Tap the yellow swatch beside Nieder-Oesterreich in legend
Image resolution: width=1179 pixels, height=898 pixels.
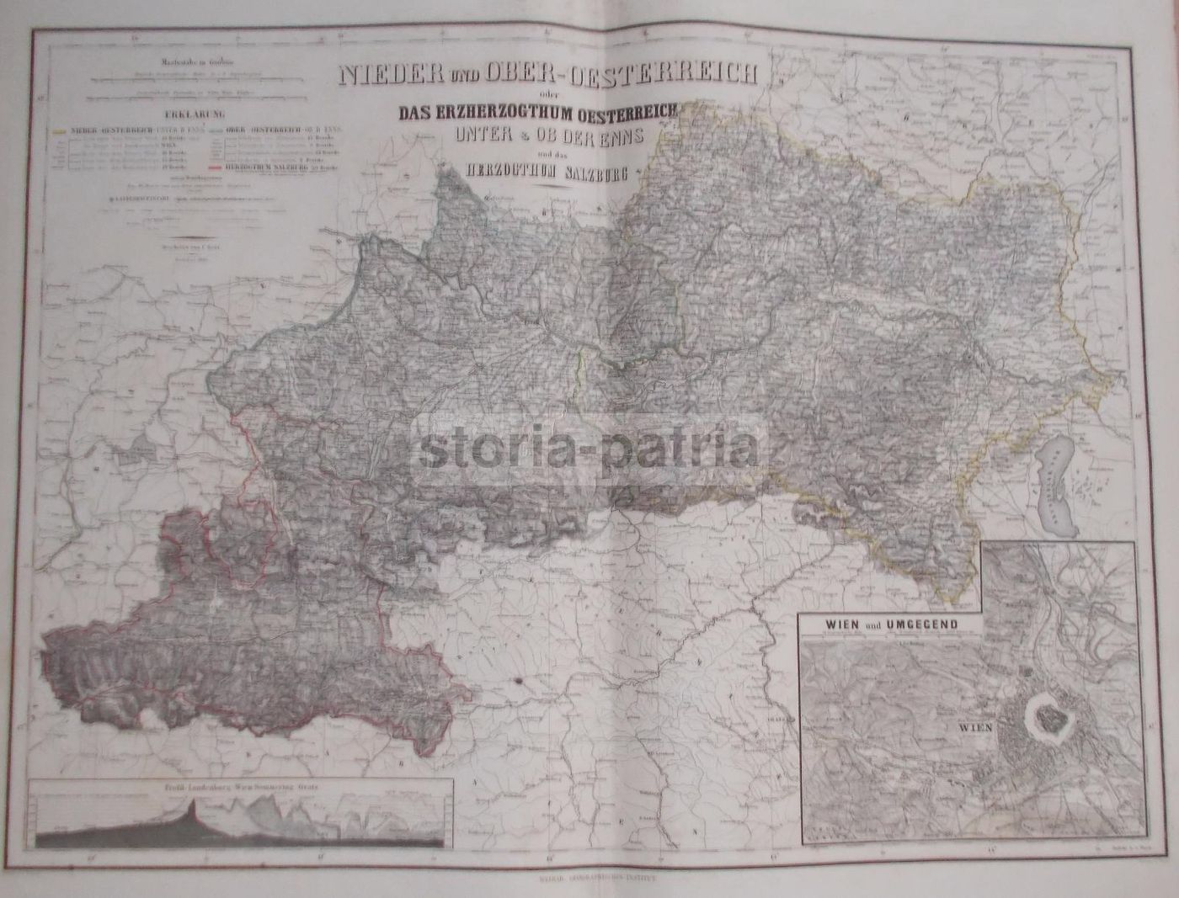[58, 131]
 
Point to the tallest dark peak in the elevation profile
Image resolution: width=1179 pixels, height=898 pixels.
[195, 810]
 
